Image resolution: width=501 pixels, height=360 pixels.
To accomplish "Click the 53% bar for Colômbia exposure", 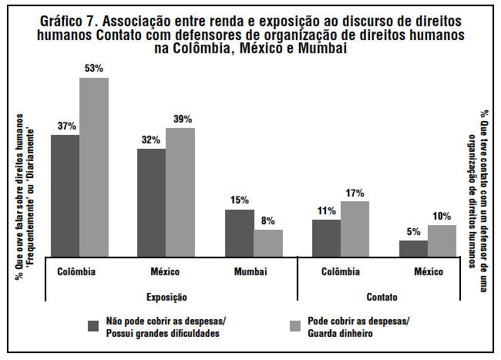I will point(94,166).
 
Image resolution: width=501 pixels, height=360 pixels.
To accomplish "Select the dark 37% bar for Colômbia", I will point(66,194).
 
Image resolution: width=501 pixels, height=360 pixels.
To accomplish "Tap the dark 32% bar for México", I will point(152,201).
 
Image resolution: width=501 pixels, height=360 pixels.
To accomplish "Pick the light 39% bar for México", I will point(180,190).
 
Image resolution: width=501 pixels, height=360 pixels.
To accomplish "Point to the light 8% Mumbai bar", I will point(268,241).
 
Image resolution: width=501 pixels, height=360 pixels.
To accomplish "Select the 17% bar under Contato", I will point(355,227).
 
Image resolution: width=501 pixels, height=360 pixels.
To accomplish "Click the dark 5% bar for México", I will point(413,247).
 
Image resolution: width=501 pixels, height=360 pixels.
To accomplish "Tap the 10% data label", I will point(442,216).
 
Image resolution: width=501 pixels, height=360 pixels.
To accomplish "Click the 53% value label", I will point(94,69).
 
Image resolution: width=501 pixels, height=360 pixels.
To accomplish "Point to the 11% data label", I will point(326,210).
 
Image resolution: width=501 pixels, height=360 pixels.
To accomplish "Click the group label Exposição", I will point(167,297).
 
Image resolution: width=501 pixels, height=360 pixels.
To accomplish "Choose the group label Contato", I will point(383,297).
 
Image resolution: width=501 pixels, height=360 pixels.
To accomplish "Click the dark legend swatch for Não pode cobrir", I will point(93,326).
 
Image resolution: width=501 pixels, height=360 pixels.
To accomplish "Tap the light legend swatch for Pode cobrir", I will point(294,326).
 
